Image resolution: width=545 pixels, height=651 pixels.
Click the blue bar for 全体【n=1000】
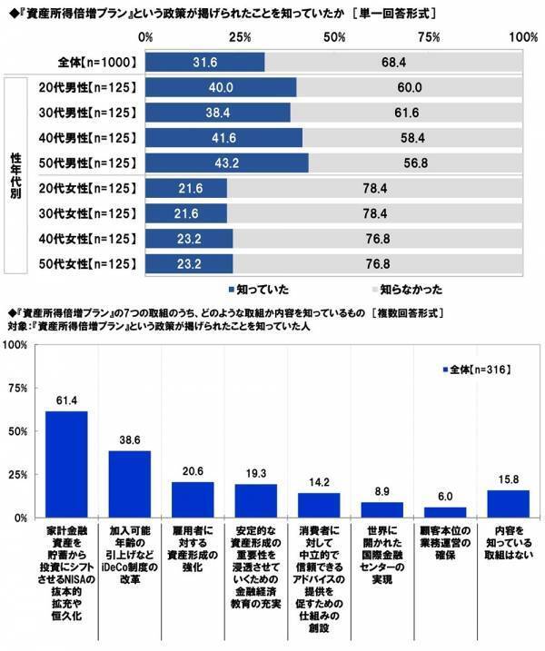pyautogui.click(x=204, y=62)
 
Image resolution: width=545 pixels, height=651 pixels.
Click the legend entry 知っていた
pyautogui.click(x=258, y=290)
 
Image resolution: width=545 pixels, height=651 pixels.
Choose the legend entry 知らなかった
pyautogui.click(x=408, y=290)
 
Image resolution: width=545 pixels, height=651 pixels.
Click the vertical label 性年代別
pyautogui.click(x=15, y=176)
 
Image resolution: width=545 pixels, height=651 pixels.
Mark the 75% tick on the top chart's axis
pyautogui.click(x=429, y=37)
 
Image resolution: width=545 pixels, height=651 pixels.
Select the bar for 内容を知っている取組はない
pyautogui.click(x=509, y=503)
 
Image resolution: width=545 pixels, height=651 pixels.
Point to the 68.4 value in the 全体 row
pyautogui.click(x=392, y=62)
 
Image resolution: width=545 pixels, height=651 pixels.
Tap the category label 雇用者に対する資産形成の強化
pyautogui.click(x=193, y=543)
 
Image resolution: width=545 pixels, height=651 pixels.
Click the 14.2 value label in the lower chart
pyautogui.click(x=319, y=481)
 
